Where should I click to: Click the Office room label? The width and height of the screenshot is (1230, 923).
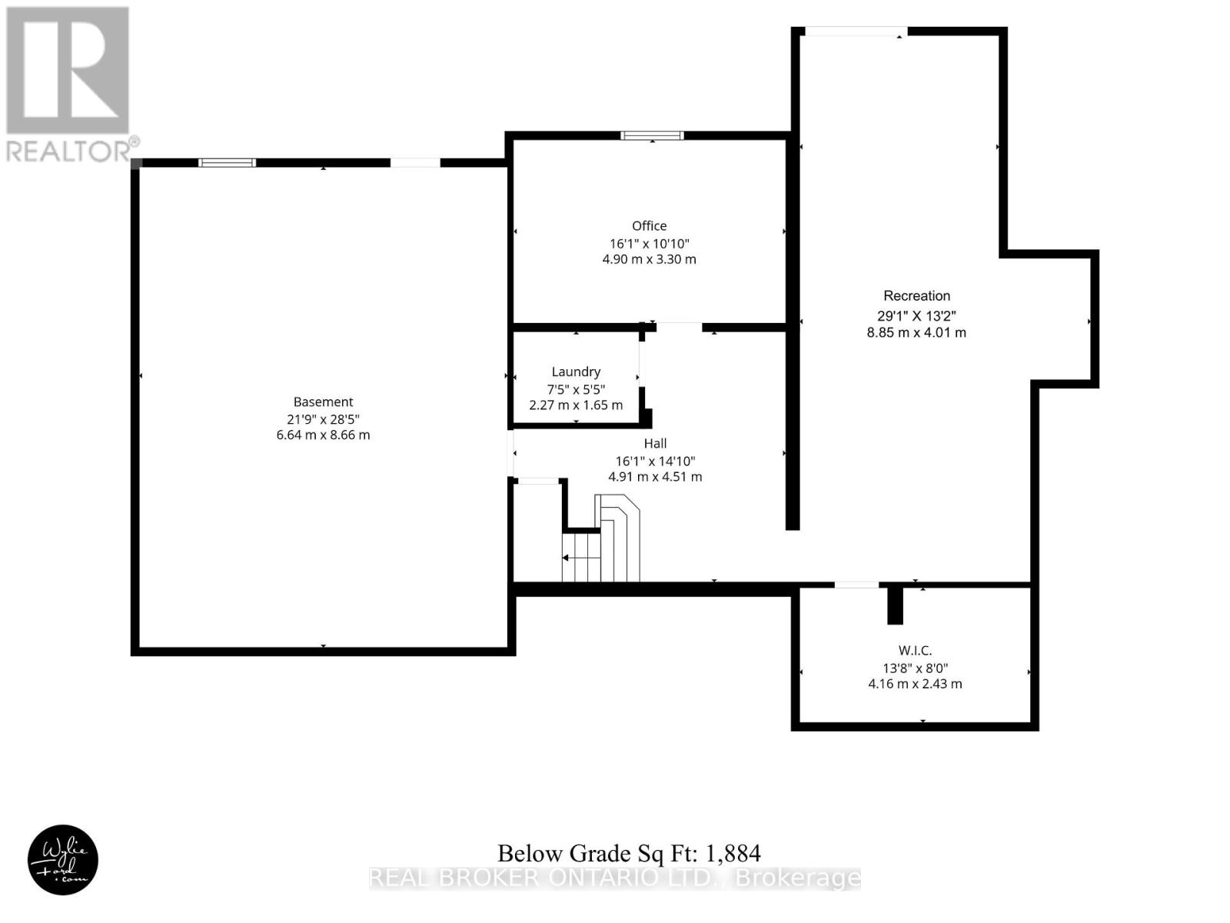click(x=649, y=226)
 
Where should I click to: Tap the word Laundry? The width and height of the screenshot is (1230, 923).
click(x=576, y=372)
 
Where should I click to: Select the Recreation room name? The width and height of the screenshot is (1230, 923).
click(x=916, y=296)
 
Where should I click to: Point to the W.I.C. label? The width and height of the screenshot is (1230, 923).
click(x=915, y=651)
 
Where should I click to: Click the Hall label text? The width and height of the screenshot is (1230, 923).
click(x=655, y=444)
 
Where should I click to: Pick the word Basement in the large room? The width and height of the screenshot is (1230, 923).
click(x=324, y=402)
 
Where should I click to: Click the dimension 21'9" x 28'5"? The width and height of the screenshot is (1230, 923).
click(x=324, y=419)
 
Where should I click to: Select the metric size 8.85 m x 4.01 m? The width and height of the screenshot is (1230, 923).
click(x=916, y=332)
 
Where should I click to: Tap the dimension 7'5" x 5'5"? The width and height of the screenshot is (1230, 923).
click(x=576, y=389)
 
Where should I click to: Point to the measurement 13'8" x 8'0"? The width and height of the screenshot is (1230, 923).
click(x=915, y=668)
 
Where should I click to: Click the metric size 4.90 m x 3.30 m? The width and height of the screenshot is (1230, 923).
click(x=649, y=259)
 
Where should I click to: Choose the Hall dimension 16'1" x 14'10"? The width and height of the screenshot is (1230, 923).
click(x=655, y=461)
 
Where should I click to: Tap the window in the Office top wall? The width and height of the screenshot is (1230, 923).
click(x=652, y=135)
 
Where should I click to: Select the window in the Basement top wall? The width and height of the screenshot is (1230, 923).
click(x=227, y=163)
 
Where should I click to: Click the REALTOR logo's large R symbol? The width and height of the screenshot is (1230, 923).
click(x=68, y=70)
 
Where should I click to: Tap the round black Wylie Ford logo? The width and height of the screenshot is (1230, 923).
click(x=63, y=860)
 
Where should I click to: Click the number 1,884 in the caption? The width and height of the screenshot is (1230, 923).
click(x=733, y=854)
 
